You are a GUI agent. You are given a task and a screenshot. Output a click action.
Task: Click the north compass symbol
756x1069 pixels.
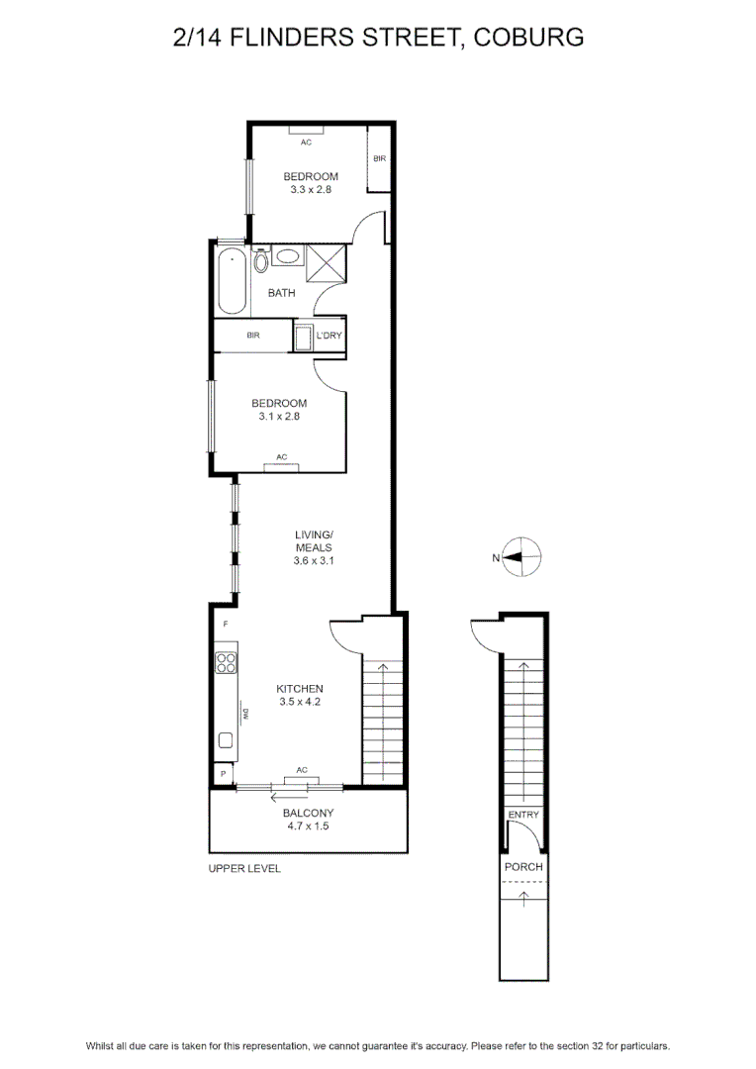521,557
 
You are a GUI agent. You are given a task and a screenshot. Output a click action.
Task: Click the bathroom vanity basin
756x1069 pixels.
288,256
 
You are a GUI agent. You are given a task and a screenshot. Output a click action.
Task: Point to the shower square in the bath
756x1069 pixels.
326,262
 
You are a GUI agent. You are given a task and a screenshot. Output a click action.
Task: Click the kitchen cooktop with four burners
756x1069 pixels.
226,662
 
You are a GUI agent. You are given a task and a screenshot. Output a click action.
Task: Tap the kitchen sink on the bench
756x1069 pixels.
225,740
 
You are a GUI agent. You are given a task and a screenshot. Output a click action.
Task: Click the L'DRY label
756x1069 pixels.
330,336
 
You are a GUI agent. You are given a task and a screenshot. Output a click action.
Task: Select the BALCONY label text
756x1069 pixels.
308,813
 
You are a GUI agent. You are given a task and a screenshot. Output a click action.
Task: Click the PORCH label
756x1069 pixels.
523,866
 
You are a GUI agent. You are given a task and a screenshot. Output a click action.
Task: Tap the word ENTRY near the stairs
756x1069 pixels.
523,815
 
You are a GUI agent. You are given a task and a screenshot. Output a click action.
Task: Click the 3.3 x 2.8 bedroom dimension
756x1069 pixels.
311,189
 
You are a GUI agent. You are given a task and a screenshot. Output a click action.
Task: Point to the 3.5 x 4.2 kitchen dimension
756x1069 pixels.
300,702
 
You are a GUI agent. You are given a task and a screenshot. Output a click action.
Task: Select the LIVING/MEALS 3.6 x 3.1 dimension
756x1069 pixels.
314,561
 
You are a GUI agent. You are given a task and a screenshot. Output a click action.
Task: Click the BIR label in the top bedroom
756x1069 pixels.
380,158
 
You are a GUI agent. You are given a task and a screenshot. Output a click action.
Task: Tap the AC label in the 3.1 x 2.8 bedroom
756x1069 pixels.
282,457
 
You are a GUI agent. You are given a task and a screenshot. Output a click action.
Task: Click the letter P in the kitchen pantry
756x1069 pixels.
223,774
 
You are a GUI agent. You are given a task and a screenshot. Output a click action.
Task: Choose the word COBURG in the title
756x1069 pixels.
528,38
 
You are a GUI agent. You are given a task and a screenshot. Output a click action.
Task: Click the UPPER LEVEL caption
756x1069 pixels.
244,869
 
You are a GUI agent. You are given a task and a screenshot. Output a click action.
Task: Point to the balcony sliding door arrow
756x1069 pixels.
289,797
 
